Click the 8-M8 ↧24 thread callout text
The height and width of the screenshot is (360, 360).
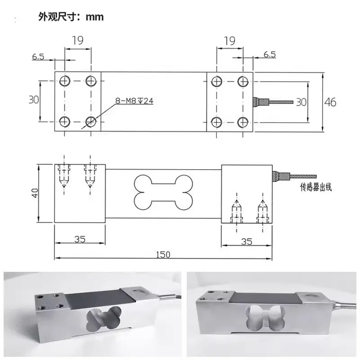134,101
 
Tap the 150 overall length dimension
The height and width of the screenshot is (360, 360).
163,255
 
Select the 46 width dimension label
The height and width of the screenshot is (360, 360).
330,102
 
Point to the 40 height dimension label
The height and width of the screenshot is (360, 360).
35,193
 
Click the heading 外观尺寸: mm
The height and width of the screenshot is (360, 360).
71,17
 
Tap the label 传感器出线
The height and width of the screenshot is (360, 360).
316,187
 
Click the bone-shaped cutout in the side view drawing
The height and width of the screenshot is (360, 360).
163,193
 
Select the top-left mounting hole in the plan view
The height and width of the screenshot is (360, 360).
64,81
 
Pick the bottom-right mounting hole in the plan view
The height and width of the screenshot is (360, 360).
243,122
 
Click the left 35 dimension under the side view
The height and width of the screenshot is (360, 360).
80,239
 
